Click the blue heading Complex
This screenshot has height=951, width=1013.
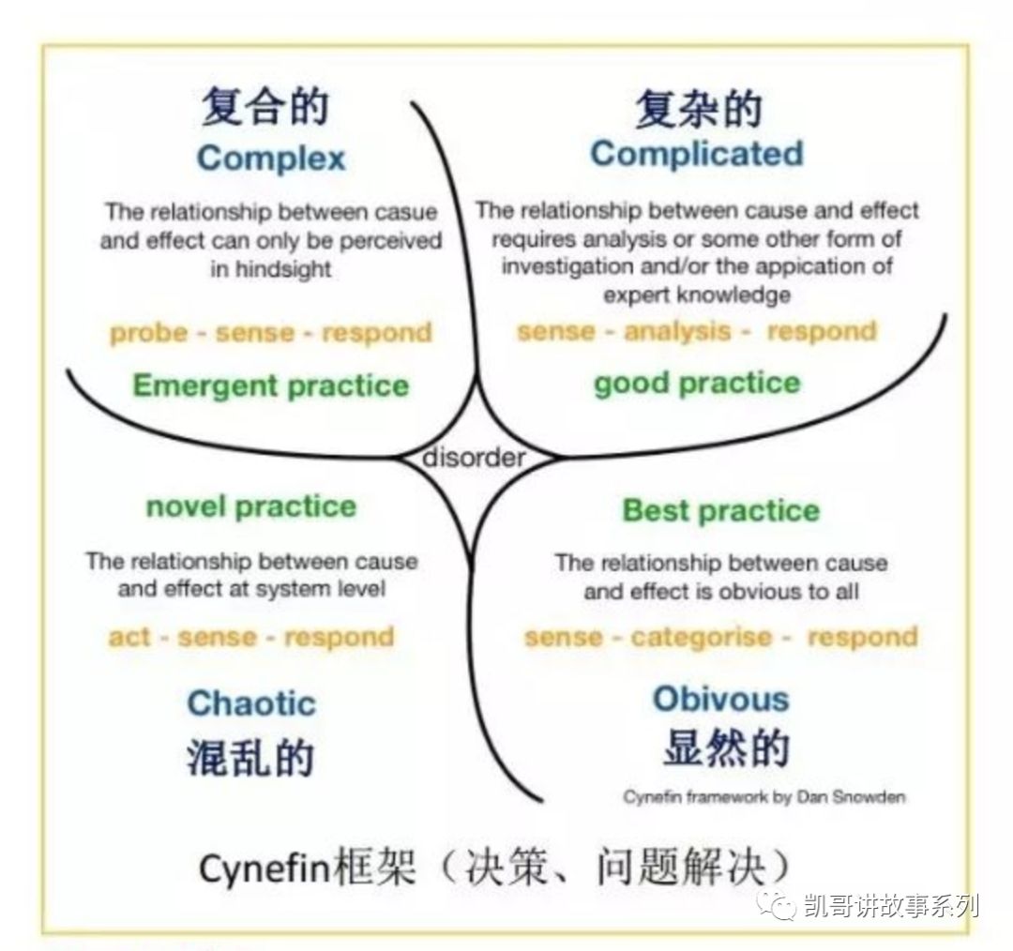[271, 158]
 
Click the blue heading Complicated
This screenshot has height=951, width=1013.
[696, 155]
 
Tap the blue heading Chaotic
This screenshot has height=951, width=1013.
[251, 702]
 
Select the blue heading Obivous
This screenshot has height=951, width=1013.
[721, 699]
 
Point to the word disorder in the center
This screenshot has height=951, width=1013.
[475, 458]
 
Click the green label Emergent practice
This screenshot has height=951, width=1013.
[271, 385]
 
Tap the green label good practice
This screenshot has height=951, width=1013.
[697, 383]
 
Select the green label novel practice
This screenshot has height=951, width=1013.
[251, 506]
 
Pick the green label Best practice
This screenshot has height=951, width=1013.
[721, 510]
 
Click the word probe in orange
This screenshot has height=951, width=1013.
[148, 333]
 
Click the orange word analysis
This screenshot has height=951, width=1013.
[677, 331]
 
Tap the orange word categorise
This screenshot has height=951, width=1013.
[701, 637]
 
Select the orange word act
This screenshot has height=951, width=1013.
[129, 637]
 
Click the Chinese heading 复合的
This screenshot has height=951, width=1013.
[265, 107]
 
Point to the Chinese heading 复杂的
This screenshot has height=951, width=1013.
[699, 108]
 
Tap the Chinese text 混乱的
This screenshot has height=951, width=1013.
[250, 757]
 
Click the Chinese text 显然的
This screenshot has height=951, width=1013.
[726, 748]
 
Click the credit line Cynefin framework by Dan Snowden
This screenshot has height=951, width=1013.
[764, 797]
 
